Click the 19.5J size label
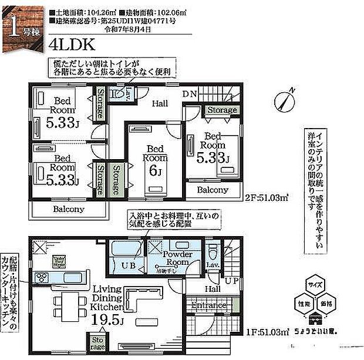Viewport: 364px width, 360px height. (x=108, y=321)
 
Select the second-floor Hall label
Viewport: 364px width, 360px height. (x=160, y=103)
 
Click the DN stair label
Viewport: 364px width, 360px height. (x=189, y=93)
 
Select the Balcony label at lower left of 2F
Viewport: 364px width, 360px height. (x=69, y=209)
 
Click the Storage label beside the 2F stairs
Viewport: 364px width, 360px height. (x=222, y=110)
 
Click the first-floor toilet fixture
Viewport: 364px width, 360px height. (x=214, y=254)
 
